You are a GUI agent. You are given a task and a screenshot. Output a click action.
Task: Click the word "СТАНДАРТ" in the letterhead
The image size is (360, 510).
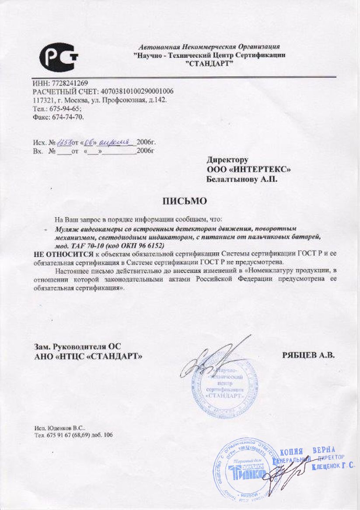pyautogui.click(x=210, y=64)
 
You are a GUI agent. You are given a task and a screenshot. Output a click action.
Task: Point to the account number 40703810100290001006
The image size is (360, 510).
pyautogui.click(x=137, y=91)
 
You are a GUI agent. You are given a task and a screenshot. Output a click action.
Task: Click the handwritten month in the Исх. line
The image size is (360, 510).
pyautogui.click(x=115, y=142)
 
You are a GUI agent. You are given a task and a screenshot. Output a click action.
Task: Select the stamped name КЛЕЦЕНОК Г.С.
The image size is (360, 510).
pyautogui.click(x=333, y=467)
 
